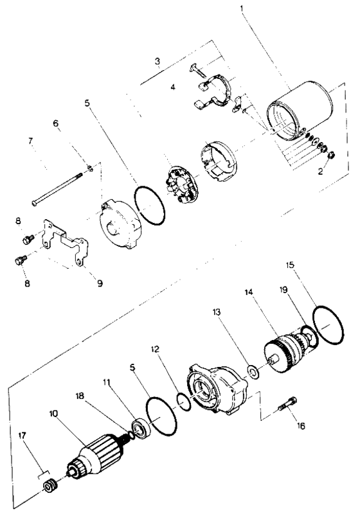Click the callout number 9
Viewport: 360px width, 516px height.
99,281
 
